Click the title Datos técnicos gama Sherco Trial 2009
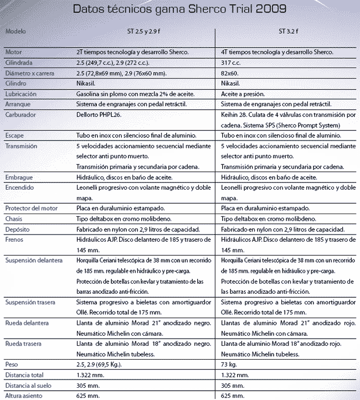point(179,10)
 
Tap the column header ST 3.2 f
point(288,32)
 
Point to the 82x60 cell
point(229,73)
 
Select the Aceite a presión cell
point(243,94)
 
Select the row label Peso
point(11,365)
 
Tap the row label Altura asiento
point(24,396)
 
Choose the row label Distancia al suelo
point(27,385)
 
